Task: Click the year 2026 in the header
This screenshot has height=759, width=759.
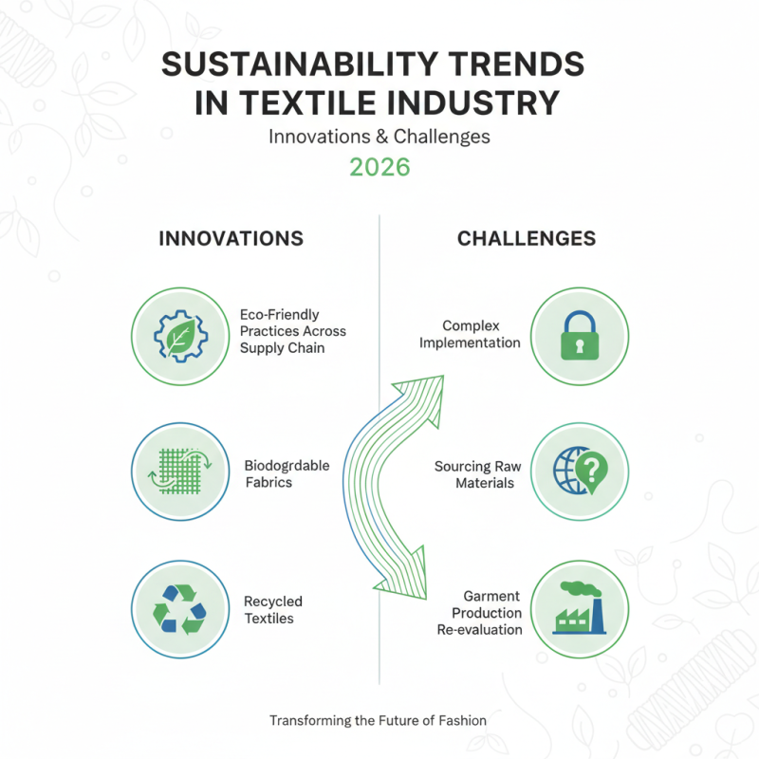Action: coord(379,167)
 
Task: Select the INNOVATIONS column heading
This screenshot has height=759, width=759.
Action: coord(231,238)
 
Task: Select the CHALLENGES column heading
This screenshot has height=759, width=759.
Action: coord(527,238)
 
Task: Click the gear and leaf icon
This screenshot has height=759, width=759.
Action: coord(179,336)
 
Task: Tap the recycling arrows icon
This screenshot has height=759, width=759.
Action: coord(179,608)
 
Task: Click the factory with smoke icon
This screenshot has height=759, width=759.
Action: coord(580,608)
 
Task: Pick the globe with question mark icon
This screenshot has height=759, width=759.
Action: coord(580,472)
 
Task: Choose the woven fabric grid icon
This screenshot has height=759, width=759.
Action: coord(179,472)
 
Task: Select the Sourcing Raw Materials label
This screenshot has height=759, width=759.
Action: coord(478,474)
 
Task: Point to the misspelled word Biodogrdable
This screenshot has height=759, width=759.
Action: coord(287,466)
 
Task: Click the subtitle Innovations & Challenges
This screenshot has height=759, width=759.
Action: coord(379,136)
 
